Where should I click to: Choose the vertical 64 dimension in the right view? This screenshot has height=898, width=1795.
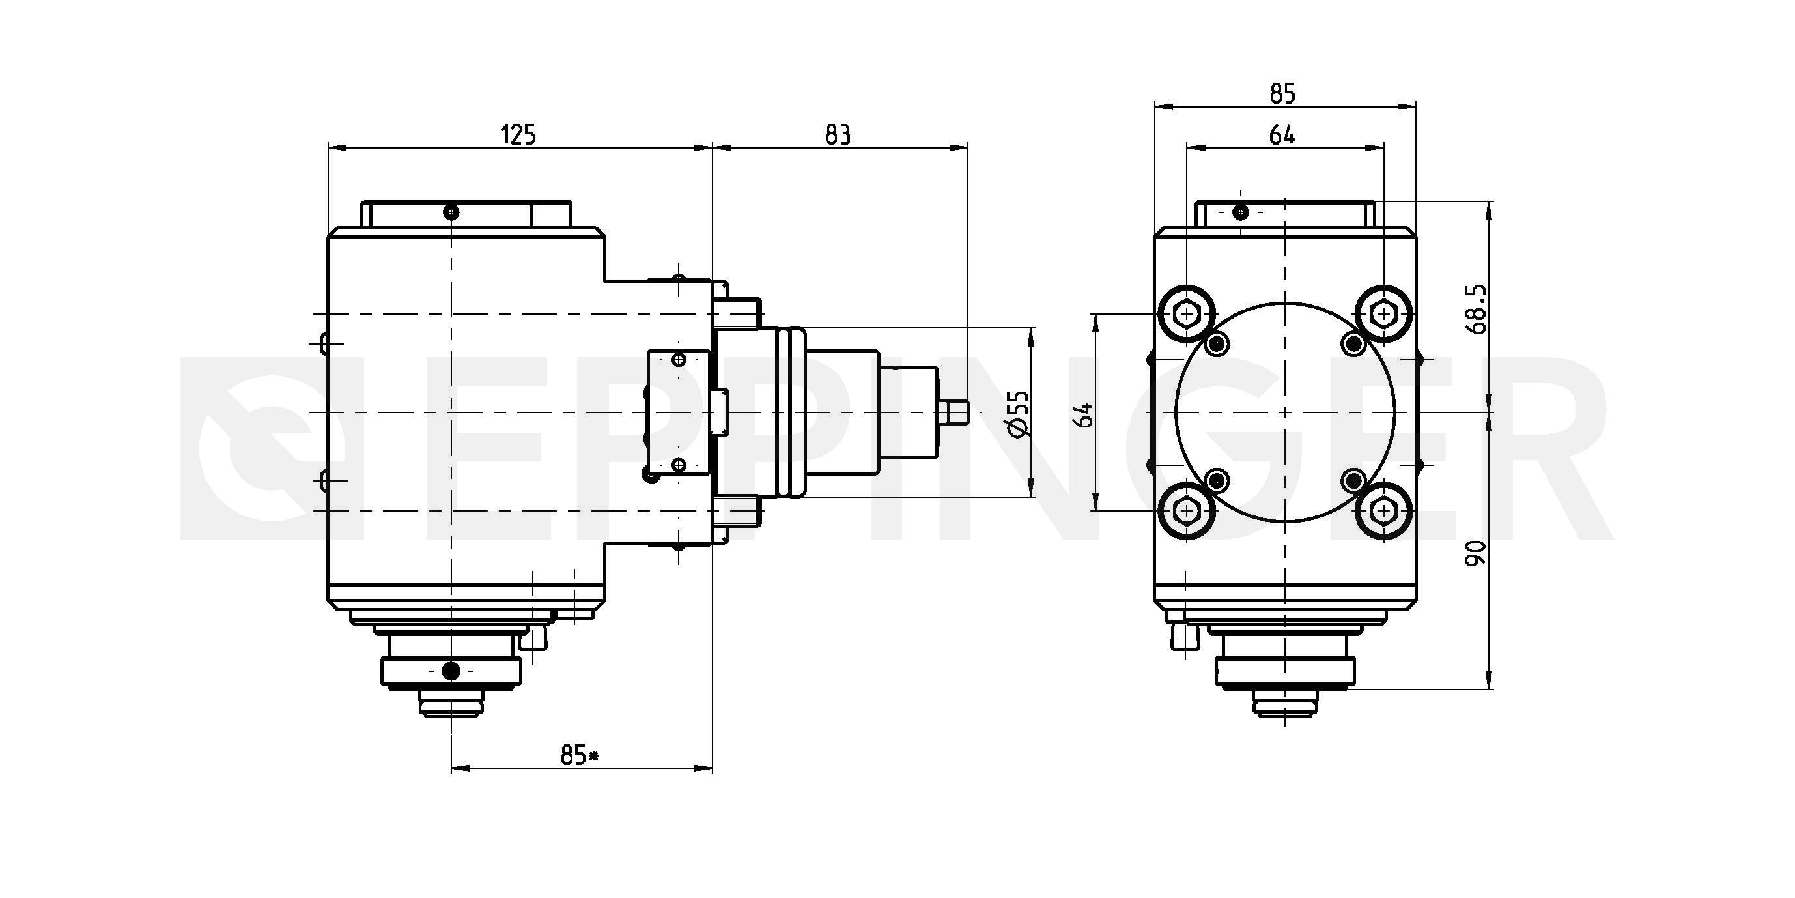(1084, 415)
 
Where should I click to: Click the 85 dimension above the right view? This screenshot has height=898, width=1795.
(1282, 93)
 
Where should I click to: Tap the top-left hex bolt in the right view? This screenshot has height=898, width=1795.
(1187, 315)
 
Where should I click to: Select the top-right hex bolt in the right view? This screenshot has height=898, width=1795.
(1383, 315)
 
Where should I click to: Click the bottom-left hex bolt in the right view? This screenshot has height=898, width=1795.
(1187, 511)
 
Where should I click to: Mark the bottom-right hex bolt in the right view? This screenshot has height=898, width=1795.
(1383, 511)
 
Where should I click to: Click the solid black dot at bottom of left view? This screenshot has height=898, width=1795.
(451, 671)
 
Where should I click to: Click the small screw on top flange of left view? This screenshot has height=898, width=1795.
(451, 210)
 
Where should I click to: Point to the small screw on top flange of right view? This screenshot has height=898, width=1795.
(1240, 211)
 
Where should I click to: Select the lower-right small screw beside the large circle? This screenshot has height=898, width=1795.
(1354, 480)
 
